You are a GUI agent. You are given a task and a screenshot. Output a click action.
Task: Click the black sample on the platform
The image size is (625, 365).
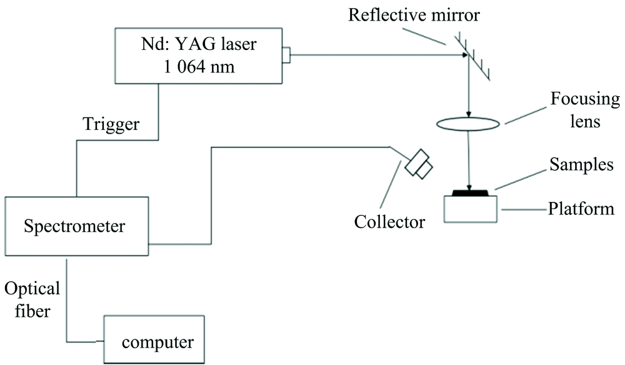471,192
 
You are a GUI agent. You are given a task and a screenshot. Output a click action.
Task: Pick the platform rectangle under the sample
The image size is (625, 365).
471,208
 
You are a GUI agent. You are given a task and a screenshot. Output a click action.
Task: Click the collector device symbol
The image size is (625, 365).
417,163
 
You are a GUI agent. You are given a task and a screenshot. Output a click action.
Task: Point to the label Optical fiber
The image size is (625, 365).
32,298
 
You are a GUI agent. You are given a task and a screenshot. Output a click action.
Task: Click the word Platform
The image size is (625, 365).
581,208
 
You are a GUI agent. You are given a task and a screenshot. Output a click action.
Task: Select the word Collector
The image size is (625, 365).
389,222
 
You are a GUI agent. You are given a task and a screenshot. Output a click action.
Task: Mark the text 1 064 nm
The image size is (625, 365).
200,67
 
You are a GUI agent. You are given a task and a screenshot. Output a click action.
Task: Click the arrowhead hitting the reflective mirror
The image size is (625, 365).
464,55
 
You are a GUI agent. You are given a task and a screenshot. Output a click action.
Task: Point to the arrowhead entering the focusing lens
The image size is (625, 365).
467,114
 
